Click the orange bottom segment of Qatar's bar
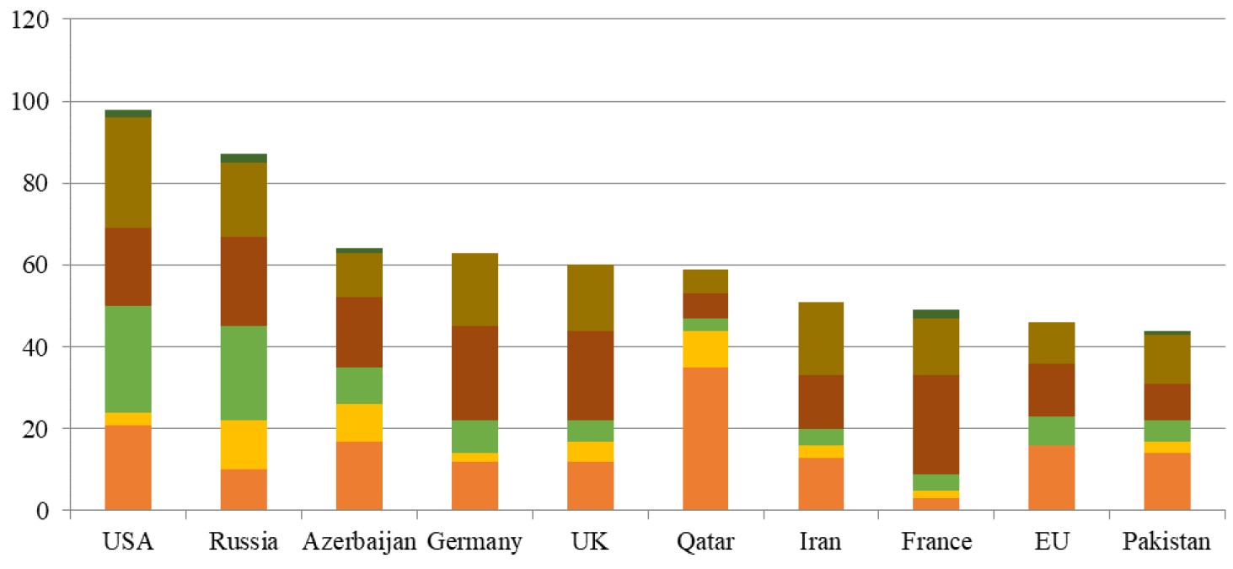[x=705, y=438]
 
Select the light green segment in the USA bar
[x=128, y=359]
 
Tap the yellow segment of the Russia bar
[x=244, y=444]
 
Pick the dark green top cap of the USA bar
[x=128, y=114]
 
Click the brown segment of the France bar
[x=935, y=425]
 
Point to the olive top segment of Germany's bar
[x=475, y=290]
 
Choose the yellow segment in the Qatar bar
[x=705, y=349]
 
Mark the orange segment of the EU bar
[x=1051, y=478]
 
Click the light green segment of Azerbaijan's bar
[x=359, y=385]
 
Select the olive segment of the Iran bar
[x=821, y=339]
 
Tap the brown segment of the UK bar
[x=591, y=376]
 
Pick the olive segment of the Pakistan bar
[x=1167, y=359]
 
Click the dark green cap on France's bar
[x=935, y=314]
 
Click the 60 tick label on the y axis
[x=35, y=265]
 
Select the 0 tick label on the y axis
[x=42, y=511]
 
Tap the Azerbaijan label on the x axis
[x=359, y=542]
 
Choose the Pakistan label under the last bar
[x=1166, y=541]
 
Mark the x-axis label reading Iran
[x=820, y=541]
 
